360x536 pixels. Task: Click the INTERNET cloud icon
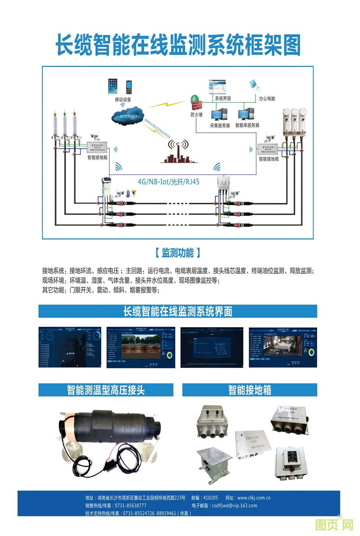(x=127, y=116)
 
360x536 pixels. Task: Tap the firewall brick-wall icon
(x=196, y=103)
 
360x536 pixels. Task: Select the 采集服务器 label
(x=220, y=125)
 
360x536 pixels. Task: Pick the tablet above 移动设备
(x=113, y=86)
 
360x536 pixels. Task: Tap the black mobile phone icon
(x=129, y=87)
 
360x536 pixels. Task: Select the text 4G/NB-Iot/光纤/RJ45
(x=169, y=181)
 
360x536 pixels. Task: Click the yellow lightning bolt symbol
(x=166, y=104)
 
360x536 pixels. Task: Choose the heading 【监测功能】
(x=177, y=253)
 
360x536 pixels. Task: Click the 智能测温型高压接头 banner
(x=106, y=390)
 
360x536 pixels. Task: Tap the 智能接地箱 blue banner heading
(x=249, y=390)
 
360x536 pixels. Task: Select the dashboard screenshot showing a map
(x=70, y=347)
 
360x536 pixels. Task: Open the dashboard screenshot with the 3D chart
(x=212, y=347)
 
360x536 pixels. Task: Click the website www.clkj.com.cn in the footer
(x=253, y=498)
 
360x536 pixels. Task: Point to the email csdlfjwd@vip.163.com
(x=234, y=506)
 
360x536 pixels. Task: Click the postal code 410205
(x=210, y=498)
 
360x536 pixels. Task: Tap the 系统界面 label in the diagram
(x=223, y=98)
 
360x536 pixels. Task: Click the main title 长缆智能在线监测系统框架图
(x=178, y=45)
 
